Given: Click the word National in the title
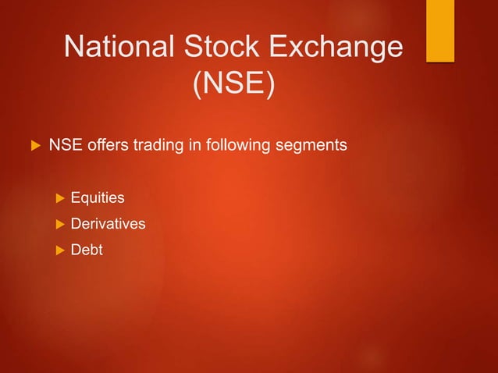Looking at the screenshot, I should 121,48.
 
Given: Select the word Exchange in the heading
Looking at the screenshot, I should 340,48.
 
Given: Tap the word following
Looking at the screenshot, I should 229,145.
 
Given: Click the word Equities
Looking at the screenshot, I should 98,198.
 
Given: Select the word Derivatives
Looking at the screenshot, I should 108,224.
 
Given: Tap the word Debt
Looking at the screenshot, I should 87,250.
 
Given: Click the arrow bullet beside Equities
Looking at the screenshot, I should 55,198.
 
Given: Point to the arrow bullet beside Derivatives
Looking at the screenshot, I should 55,224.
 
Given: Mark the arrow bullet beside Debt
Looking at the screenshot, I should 55,250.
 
